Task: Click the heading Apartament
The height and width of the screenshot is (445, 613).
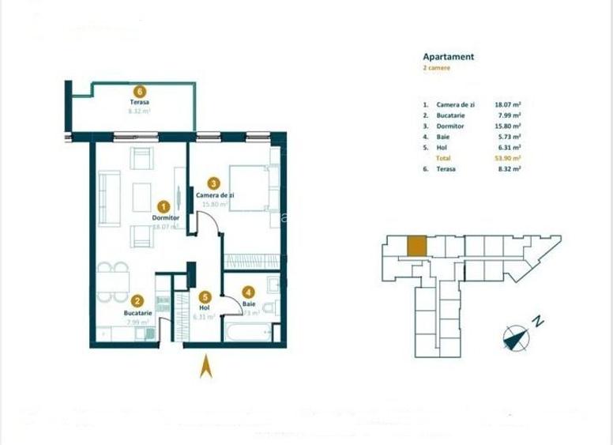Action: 448,57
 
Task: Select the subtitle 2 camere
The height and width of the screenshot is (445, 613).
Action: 437,69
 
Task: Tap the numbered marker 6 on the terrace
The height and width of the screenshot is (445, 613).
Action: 140,90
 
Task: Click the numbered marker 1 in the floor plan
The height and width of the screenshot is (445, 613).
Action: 164,204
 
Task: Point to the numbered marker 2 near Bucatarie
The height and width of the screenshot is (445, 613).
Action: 137,300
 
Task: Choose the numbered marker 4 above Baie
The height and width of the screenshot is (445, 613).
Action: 248,290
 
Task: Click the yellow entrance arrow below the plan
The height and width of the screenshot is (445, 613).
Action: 205,367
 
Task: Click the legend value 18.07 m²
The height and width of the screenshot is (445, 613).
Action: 507,104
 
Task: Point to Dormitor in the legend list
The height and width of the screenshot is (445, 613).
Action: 449,126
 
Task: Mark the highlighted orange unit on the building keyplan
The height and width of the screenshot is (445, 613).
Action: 416,247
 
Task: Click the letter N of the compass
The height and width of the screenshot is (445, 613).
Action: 536,322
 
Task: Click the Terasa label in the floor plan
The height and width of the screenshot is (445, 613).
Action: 140,103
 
